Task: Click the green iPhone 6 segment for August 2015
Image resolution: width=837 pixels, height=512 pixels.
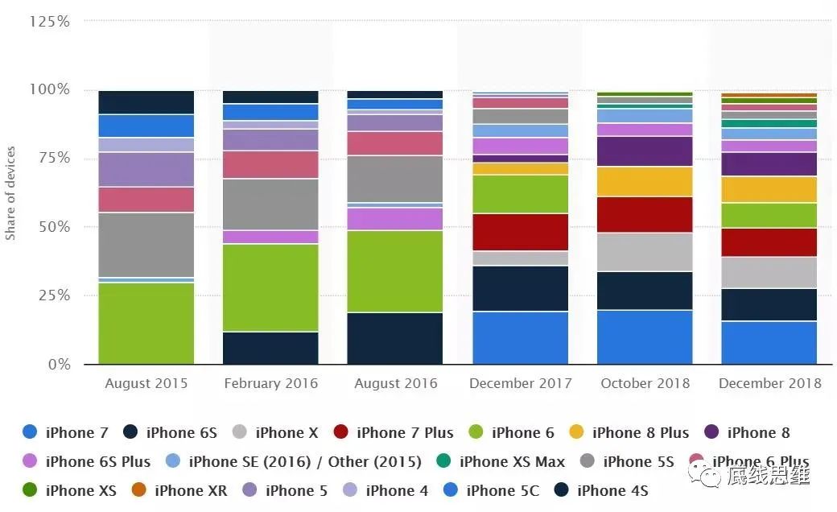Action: click(x=146, y=323)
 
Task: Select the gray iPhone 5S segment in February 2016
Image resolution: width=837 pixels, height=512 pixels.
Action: click(x=270, y=204)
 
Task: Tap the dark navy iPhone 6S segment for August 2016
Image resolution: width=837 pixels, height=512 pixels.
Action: click(x=395, y=338)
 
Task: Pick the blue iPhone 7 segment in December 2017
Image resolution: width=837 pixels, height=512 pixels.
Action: click(x=520, y=338)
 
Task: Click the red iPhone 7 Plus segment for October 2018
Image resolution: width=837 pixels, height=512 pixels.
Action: click(x=645, y=214)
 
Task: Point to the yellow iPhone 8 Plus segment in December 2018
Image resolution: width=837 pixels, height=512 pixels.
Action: click(x=769, y=189)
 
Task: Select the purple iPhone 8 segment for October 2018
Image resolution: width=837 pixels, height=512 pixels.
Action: click(x=645, y=151)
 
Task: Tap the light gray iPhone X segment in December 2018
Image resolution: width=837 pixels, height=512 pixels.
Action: click(x=769, y=272)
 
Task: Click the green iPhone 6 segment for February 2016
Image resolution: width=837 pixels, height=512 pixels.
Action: click(x=270, y=287)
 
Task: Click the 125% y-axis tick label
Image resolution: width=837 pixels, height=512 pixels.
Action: click(x=49, y=21)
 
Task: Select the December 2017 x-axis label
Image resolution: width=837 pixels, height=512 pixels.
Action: click(x=520, y=383)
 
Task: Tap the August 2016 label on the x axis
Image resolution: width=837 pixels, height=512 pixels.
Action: click(x=395, y=383)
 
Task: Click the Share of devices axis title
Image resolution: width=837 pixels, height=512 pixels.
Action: click(x=10, y=193)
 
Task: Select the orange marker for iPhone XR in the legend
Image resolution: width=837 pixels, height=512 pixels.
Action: click(x=138, y=490)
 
